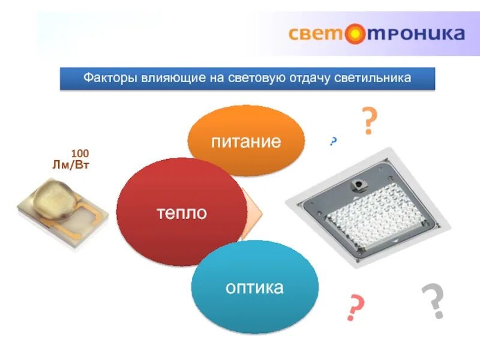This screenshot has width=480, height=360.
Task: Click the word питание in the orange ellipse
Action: pos(246,142)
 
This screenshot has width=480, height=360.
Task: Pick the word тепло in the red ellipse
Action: pos(181,213)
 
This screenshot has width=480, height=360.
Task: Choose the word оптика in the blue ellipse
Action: pos(254,287)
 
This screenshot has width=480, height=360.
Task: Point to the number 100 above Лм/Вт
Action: pos(80,154)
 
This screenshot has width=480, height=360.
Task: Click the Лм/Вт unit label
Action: pos(71,165)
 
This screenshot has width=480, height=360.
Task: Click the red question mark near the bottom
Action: pos(356,308)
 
